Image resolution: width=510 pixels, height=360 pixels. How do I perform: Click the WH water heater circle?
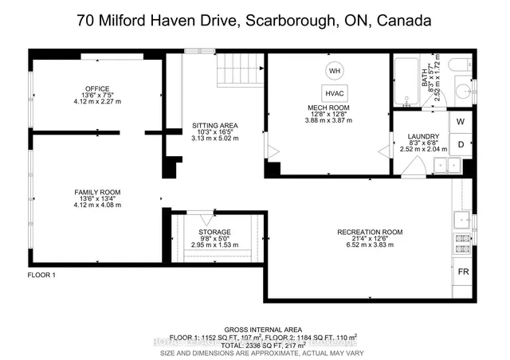point(335,70)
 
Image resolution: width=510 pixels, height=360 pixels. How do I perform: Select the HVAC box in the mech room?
point(335,92)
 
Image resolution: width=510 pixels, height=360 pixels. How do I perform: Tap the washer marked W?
point(461,122)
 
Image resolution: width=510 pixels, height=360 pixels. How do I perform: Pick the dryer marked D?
point(461,144)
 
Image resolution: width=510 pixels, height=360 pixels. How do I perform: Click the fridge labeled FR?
point(462,271)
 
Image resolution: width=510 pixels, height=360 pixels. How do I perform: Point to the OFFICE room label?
point(97,88)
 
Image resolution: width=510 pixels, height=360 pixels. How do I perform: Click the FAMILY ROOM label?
point(97,193)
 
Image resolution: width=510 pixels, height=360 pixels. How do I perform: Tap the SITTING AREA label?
point(216,125)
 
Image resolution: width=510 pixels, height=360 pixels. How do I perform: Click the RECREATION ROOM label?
point(370,233)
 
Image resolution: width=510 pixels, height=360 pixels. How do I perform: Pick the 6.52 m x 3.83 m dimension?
point(370,246)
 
